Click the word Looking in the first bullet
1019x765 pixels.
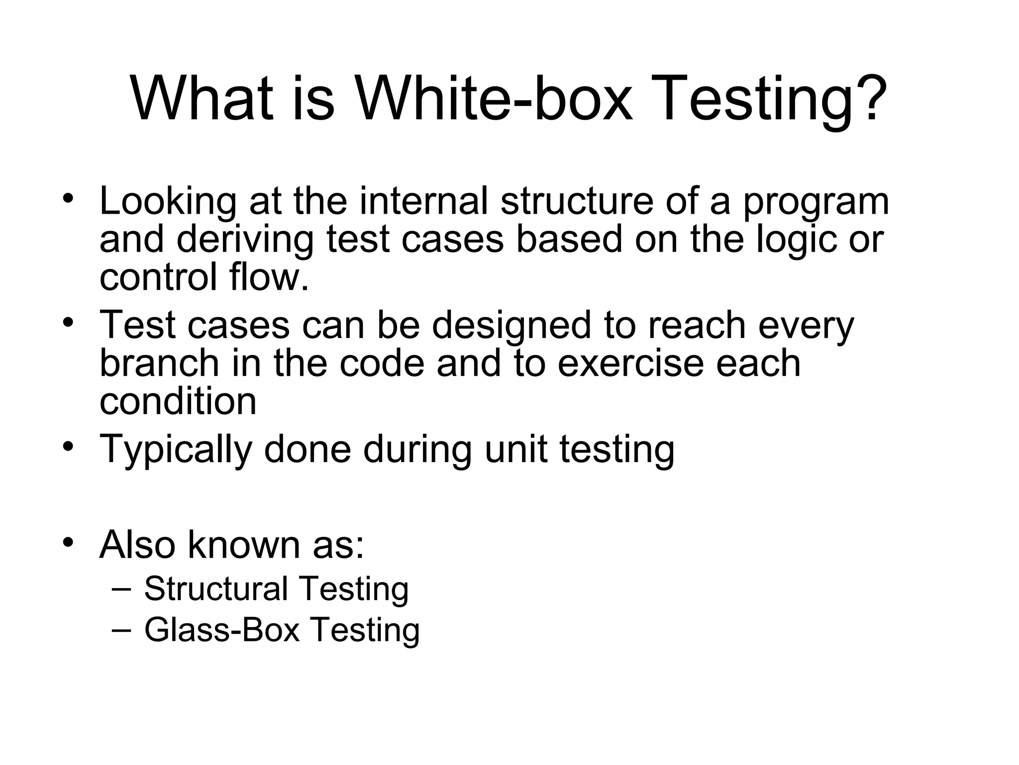coord(168,202)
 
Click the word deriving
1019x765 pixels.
coord(245,239)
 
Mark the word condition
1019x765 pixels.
coord(178,401)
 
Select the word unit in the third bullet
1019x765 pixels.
coord(515,448)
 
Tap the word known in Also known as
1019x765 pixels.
coord(243,544)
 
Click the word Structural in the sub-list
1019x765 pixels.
coord(216,589)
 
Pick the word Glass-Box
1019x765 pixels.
coord(222,630)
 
